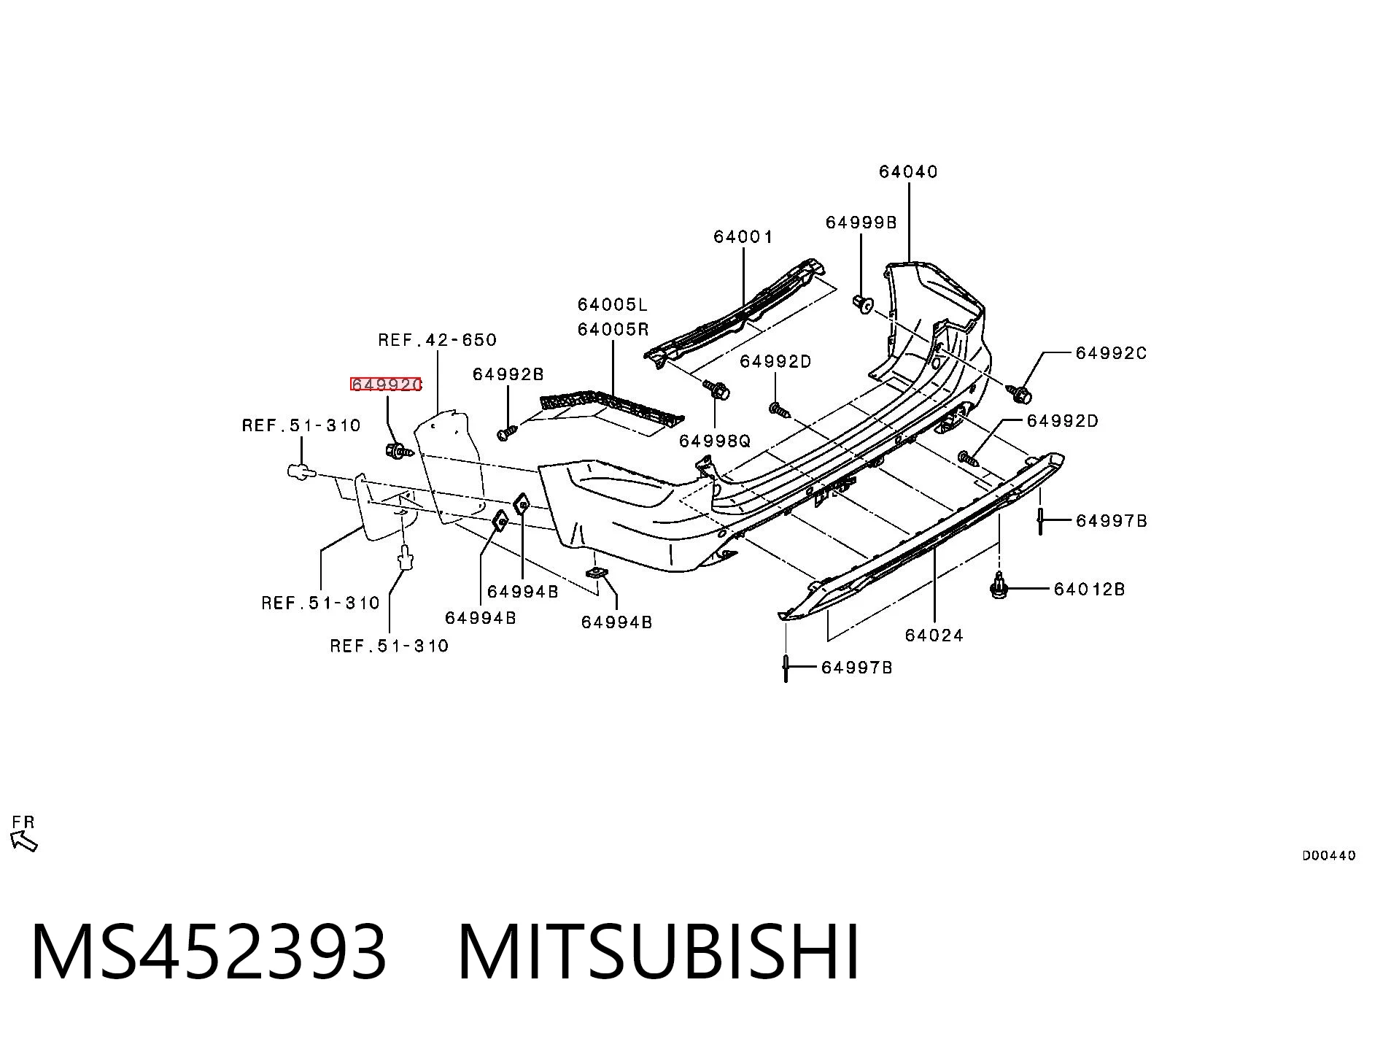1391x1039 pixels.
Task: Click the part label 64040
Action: pyautogui.click(x=908, y=171)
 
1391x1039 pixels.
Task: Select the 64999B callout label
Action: pyautogui.click(x=861, y=223)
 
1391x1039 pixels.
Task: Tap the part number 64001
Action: pyautogui.click(x=743, y=236)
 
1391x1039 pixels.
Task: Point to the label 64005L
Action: pyautogui.click(x=613, y=304)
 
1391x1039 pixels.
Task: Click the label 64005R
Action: pyautogui.click(x=613, y=329)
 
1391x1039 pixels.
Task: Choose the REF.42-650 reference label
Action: pyautogui.click(x=437, y=340)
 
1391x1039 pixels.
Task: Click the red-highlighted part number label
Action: pyautogui.click(x=386, y=385)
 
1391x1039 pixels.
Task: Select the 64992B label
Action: pyautogui.click(x=508, y=374)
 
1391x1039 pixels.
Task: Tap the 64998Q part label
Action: pyautogui.click(x=714, y=441)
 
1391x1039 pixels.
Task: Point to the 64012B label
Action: pyautogui.click(x=1089, y=589)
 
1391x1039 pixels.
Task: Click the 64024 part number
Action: pyautogui.click(x=934, y=636)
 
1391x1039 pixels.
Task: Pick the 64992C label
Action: pyautogui.click(x=1111, y=353)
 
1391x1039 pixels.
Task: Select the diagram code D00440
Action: pyautogui.click(x=1329, y=856)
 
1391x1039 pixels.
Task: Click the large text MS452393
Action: pyautogui.click(x=209, y=951)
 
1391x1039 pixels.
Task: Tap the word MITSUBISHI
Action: pyautogui.click(x=659, y=951)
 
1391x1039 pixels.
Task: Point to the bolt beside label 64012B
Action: pyautogui.click(x=998, y=585)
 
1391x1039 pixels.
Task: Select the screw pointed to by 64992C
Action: pyautogui.click(x=1019, y=394)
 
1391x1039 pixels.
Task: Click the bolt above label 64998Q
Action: pyautogui.click(x=716, y=390)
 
